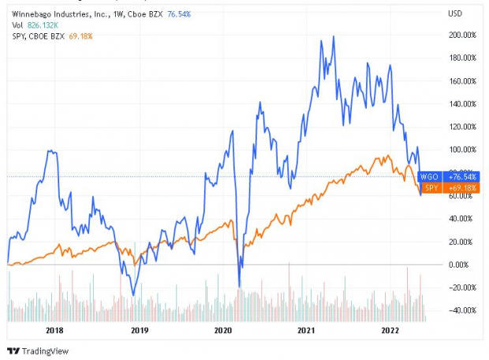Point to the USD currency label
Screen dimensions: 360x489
[454, 13]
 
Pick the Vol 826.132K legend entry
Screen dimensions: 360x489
[35, 24]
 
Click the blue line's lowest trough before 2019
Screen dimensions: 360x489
[133, 295]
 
